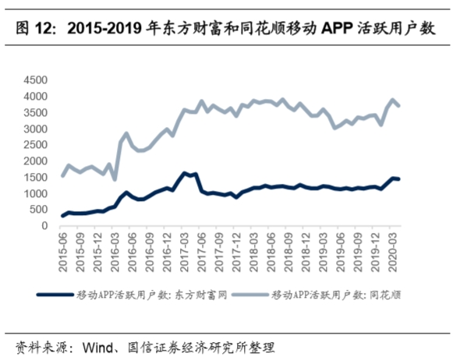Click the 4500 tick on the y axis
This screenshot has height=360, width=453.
coord(37,80)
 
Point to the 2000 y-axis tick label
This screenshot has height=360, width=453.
coord(37,161)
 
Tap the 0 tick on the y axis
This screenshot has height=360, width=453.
coord(47,226)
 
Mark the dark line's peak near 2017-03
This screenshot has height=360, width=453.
coord(184,173)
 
